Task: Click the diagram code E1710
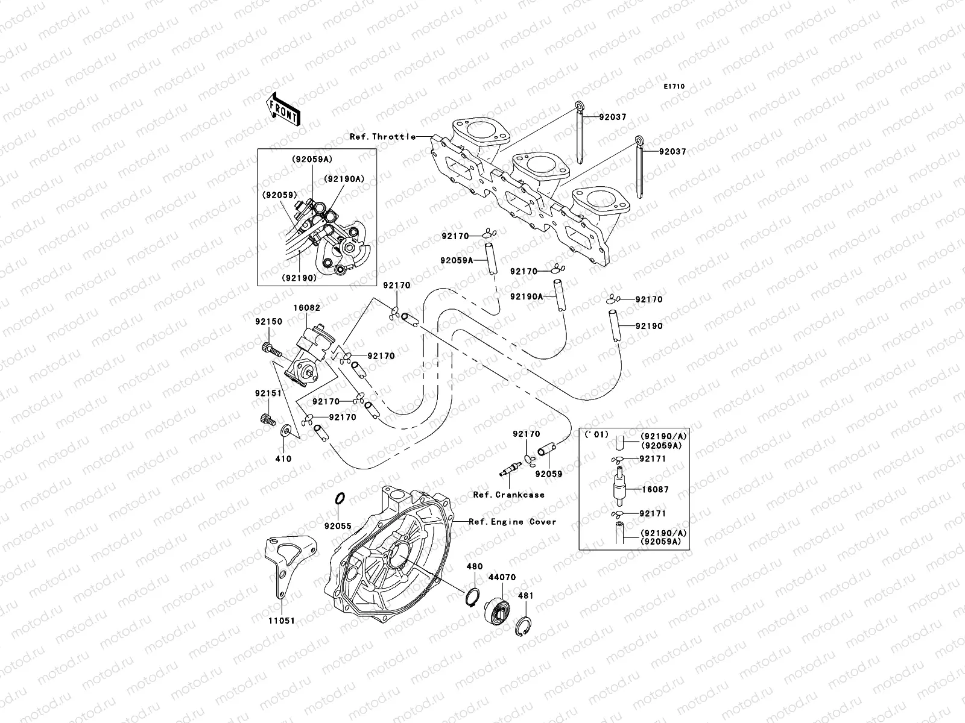tap(674, 87)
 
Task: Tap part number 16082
tap(307, 308)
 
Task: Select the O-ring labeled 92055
tap(340, 499)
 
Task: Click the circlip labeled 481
tap(525, 627)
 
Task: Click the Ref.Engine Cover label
tap(513, 522)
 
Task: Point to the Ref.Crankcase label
tap(508, 495)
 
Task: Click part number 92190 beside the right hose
tap(648, 326)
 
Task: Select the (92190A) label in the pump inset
tap(344, 179)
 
